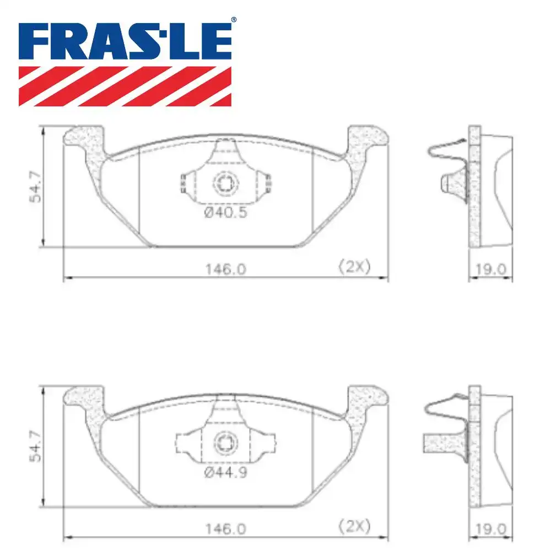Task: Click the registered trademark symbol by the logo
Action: pos(234,20)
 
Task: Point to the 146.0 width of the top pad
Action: pos(225,269)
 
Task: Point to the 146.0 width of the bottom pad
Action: pos(225,528)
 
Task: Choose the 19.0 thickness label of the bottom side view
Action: pos(490,528)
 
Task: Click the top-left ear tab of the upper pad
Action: pos(84,136)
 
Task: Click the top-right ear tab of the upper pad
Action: pos(367,136)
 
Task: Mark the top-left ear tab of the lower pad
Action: pos(84,396)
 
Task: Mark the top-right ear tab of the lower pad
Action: pos(367,396)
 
